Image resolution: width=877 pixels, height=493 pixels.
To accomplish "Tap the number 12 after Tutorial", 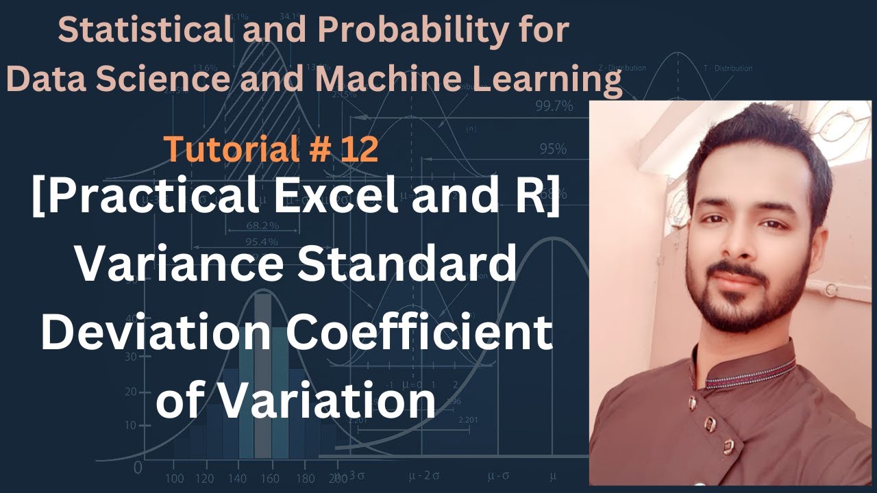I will tap(359, 149).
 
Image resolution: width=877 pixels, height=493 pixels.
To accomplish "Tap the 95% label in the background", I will tap(552, 149).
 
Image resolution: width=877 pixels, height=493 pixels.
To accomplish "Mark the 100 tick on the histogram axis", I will tap(175, 478).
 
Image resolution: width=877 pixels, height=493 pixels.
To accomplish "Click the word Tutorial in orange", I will tap(223, 149).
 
